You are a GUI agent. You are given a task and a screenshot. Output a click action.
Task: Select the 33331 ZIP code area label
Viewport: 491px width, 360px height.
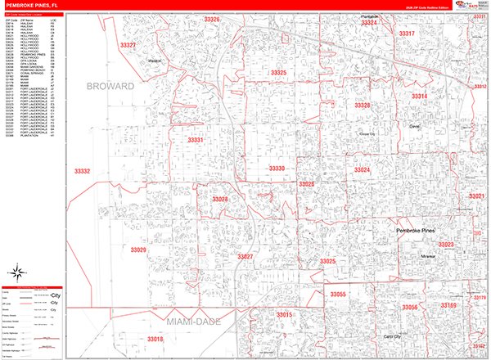[195, 140]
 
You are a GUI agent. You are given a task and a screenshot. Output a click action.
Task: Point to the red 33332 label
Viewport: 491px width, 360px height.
[82, 172]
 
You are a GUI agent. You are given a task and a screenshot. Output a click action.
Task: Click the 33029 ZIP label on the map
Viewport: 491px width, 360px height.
[137, 250]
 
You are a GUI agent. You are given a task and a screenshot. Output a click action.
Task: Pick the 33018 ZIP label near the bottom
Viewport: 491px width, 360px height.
[155, 338]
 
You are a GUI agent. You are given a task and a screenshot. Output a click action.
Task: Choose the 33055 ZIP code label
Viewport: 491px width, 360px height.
[338, 294]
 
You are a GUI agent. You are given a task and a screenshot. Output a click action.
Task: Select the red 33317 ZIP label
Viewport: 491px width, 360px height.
[407, 34]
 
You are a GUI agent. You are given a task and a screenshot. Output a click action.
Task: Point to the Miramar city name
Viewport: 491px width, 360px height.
[430, 256]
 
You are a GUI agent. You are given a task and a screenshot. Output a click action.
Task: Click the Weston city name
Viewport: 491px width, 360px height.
[156, 61]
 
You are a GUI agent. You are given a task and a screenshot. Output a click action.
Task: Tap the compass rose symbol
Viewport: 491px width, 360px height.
[16, 272]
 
